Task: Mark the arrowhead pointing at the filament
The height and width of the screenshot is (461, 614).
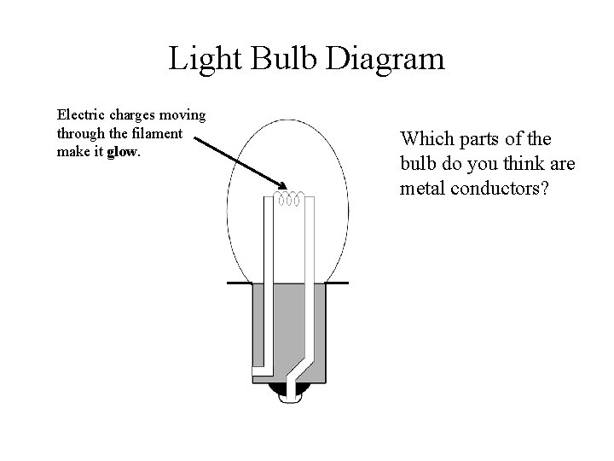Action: click(x=282, y=185)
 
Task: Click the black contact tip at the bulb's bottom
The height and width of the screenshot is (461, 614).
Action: click(x=287, y=394)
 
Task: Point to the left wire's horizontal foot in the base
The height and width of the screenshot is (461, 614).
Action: click(x=263, y=370)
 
